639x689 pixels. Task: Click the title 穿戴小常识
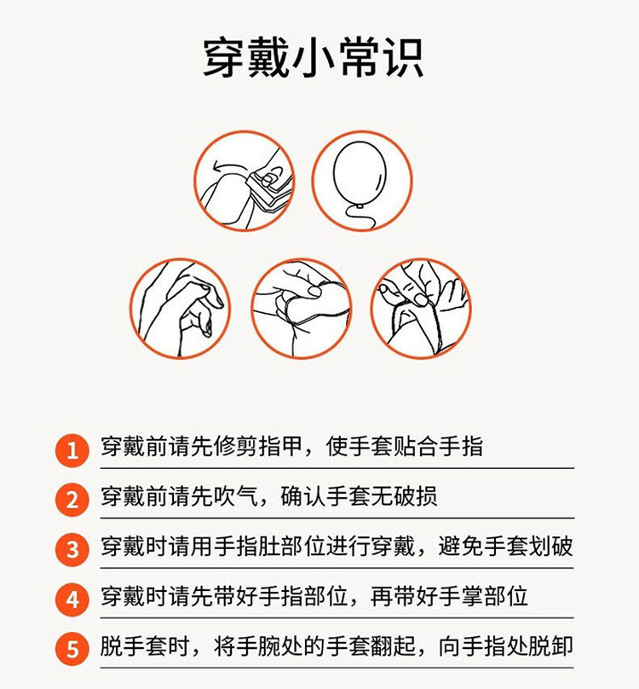point(313,58)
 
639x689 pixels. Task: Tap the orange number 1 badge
point(72,450)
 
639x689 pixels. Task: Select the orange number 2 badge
point(72,500)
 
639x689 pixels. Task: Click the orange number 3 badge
point(72,550)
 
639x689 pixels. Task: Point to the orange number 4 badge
point(72,599)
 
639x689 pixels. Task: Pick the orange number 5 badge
point(72,650)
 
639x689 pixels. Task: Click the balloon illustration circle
point(362,181)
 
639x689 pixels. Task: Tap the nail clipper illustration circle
point(245,181)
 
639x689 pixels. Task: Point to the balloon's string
point(360,218)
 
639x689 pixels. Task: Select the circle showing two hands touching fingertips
point(180,308)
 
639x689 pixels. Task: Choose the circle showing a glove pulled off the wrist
point(421,308)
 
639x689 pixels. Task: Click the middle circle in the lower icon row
point(302,308)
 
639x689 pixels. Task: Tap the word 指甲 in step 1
point(280,447)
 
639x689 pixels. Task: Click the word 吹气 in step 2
point(235,496)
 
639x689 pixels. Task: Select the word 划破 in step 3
point(550,547)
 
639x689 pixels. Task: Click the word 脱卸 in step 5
point(550,646)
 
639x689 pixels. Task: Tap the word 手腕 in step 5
point(258,646)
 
